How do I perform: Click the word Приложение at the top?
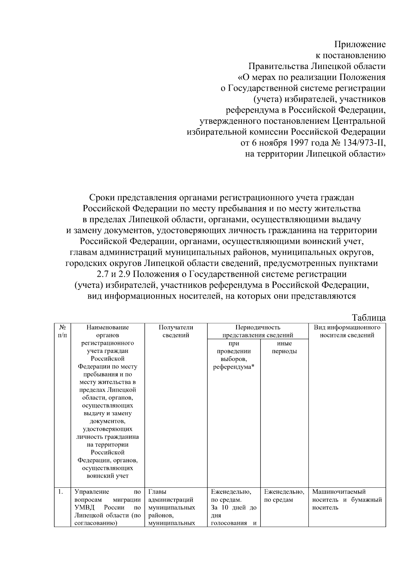click(360, 44)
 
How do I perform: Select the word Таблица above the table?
click(369, 318)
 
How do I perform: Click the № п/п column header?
click(62, 331)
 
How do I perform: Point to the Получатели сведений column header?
click(175, 331)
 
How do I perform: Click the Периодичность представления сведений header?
click(258, 331)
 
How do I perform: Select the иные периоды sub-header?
click(284, 348)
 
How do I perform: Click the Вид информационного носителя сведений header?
click(347, 331)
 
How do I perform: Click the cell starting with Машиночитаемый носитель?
click(347, 500)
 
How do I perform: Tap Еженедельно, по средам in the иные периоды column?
click(284, 495)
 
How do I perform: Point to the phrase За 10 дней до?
click(233, 508)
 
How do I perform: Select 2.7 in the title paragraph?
click(103, 274)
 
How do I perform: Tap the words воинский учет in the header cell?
click(108, 476)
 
